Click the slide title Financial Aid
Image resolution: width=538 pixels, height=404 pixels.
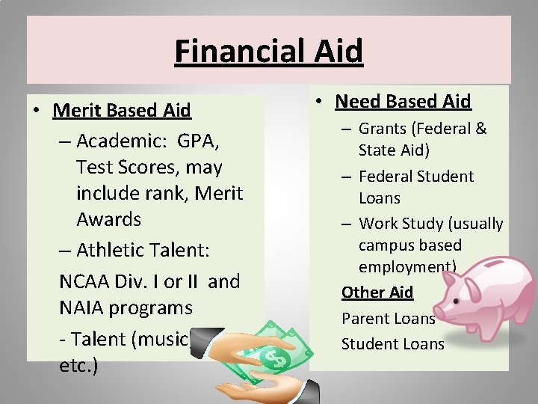click(x=268, y=52)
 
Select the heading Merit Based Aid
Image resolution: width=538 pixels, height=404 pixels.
click(x=122, y=111)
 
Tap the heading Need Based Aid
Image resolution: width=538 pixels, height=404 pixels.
click(x=403, y=101)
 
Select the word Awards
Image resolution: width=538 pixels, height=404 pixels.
click(x=108, y=219)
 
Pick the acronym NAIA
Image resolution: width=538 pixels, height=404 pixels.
click(x=83, y=307)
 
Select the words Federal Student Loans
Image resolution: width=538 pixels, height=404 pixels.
click(x=415, y=186)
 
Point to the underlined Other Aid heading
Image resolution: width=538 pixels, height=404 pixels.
click(x=377, y=292)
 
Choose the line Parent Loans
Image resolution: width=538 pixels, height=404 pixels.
click(x=388, y=318)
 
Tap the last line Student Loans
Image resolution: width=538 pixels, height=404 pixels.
click(x=392, y=344)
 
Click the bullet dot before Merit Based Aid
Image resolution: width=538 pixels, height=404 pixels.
click(x=36, y=111)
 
